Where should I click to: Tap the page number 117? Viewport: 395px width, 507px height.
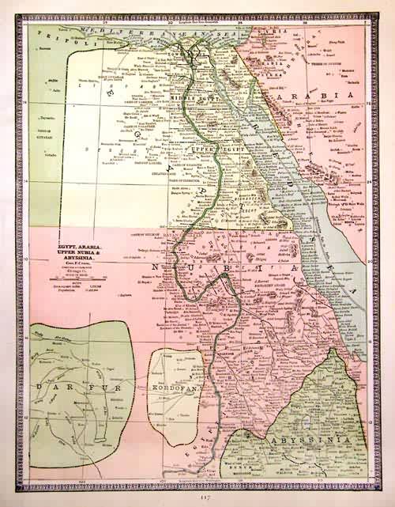pyautogui.click(x=204, y=498)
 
